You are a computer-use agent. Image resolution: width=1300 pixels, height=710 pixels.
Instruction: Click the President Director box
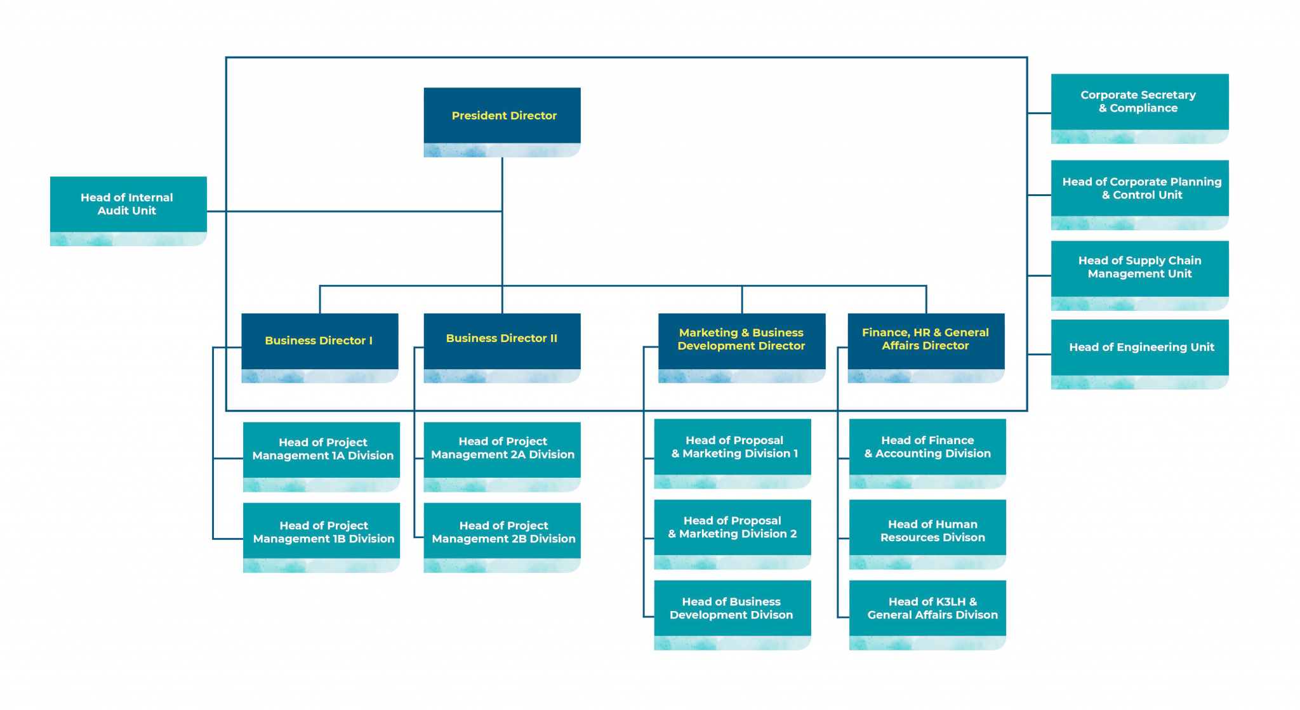[502, 116]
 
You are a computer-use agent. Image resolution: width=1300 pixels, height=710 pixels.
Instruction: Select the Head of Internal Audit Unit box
[128, 204]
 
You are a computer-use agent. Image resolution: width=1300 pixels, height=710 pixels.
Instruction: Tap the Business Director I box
[320, 341]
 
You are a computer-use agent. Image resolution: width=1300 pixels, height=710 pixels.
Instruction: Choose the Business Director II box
[502, 339]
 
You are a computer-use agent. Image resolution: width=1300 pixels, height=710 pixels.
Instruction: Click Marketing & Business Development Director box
[741, 340]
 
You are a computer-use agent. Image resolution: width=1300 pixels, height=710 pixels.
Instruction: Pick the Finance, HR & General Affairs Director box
[925, 340]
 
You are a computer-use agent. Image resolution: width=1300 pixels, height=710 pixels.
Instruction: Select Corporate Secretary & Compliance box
[1139, 102]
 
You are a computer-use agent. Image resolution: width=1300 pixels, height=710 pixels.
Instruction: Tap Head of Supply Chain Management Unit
[1139, 268]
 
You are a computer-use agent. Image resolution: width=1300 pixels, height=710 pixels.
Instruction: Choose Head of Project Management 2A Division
[502, 449]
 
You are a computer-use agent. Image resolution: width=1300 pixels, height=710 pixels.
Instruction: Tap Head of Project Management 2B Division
[502, 532]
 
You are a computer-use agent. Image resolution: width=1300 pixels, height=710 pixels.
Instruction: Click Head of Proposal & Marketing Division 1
[733, 447]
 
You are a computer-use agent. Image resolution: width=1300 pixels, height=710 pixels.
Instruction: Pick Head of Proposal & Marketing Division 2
[733, 528]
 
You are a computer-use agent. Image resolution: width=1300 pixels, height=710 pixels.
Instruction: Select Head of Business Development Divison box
[733, 608]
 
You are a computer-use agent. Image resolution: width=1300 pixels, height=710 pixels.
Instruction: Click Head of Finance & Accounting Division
[927, 447]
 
